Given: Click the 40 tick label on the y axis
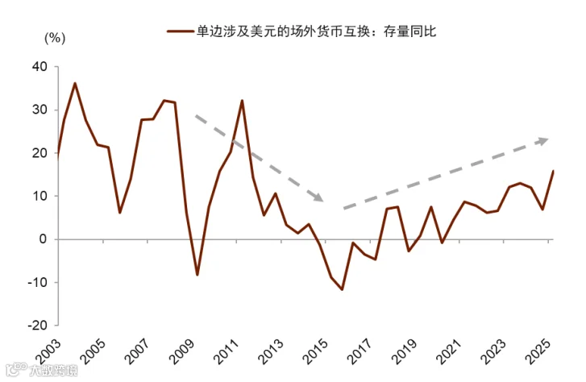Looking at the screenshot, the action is click(x=39, y=67).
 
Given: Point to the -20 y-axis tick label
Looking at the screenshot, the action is click(x=37, y=326).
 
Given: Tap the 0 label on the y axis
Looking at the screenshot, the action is click(x=43, y=239).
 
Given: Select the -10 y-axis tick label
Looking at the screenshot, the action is click(x=37, y=282).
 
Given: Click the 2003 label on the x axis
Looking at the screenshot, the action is click(x=48, y=351).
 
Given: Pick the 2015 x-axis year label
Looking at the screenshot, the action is click(x=315, y=351).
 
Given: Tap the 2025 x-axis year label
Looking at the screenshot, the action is click(x=538, y=351).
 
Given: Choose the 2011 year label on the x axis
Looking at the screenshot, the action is click(x=227, y=351).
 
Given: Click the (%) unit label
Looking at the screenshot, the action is click(x=55, y=38).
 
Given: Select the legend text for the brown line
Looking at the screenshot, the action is click(x=316, y=31).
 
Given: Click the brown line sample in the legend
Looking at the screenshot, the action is click(x=181, y=31).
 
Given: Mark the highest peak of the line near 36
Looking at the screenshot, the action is click(x=75, y=83).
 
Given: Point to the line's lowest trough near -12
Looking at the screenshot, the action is click(x=342, y=289).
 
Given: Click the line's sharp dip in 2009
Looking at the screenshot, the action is click(x=197, y=275).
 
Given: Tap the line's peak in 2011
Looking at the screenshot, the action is click(x=242, y=101).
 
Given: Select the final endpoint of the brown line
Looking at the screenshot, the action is click(x=553, y=171).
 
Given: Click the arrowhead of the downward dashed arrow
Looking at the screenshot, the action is click(x=318, y=197).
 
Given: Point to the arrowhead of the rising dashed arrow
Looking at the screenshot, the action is click(x=542, y=140).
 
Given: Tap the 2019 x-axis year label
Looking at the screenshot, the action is click(x=405, y=351).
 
